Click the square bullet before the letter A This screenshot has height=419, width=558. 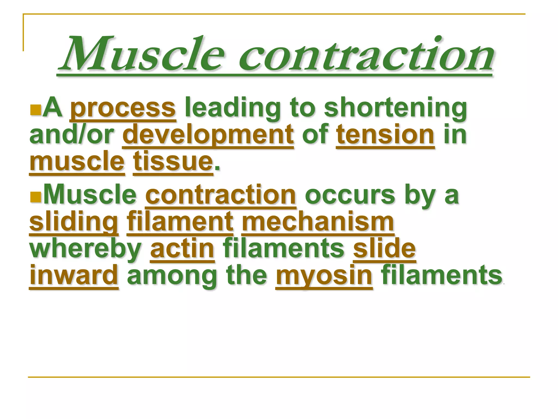[35, 110]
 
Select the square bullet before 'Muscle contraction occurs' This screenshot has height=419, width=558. [35, 197]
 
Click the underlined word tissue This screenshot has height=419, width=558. [173, 161]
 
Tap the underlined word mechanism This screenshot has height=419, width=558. [318, 222]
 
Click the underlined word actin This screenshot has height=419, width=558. [182, 249]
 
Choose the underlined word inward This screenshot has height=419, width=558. [74, 276]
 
